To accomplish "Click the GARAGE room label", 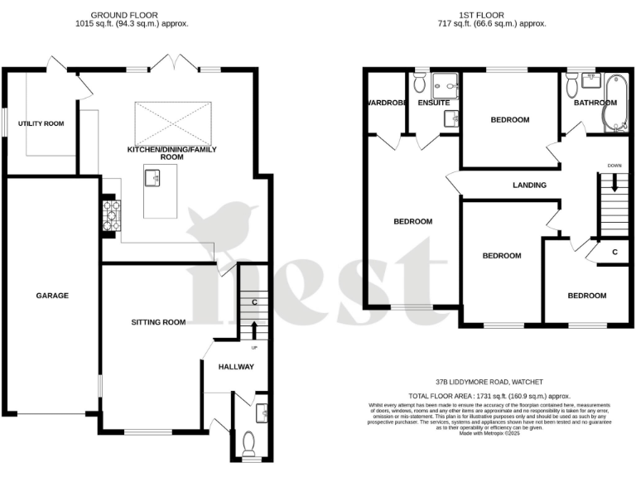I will pyautogui.click(x=51, y=296).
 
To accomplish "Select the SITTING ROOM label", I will pyautogui.click(x=158, y=322).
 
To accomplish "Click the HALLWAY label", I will pyautogui.click(x=236, y=367).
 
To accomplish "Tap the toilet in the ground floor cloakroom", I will pyautogui.click(x=248, y=443).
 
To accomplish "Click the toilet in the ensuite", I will pyautogui.click(x=419, y=84).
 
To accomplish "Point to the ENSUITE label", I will pyautogui.click(x=434, y=104).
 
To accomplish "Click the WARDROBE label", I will pyautogui.click(x=384, y=104).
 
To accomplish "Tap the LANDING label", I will pyautogui.click(x=529, y=185).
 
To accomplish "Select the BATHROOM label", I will pyautogui.click(x=595, y=103).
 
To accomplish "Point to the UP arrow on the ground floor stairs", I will pyautogui.click(x=254, y=330).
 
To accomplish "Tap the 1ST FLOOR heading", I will pyautogui.click(x=499, y=14).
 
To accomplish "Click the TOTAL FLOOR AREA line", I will pyautogui.click(x=493, y=397).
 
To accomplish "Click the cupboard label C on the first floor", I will pyautogui.click(x=614, y=252).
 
